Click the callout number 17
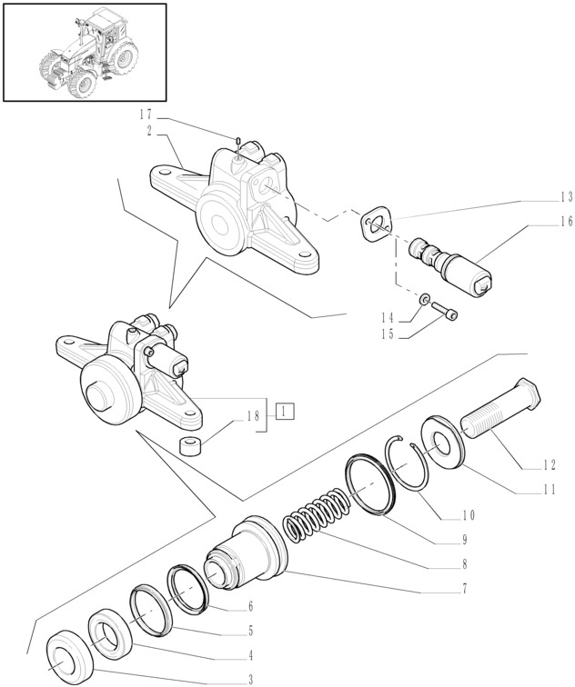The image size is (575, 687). click(x=146, y=114)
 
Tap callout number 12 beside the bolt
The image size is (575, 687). click(x=550, y=465)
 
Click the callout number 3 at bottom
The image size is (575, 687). click(x=250, y=680)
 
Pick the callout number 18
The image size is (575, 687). click(x=254, y=415)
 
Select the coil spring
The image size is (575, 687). click(x=316, y=514)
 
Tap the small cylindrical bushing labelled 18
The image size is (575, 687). click(x=190, y=446)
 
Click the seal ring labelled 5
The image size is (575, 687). click(x=150, y=610)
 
